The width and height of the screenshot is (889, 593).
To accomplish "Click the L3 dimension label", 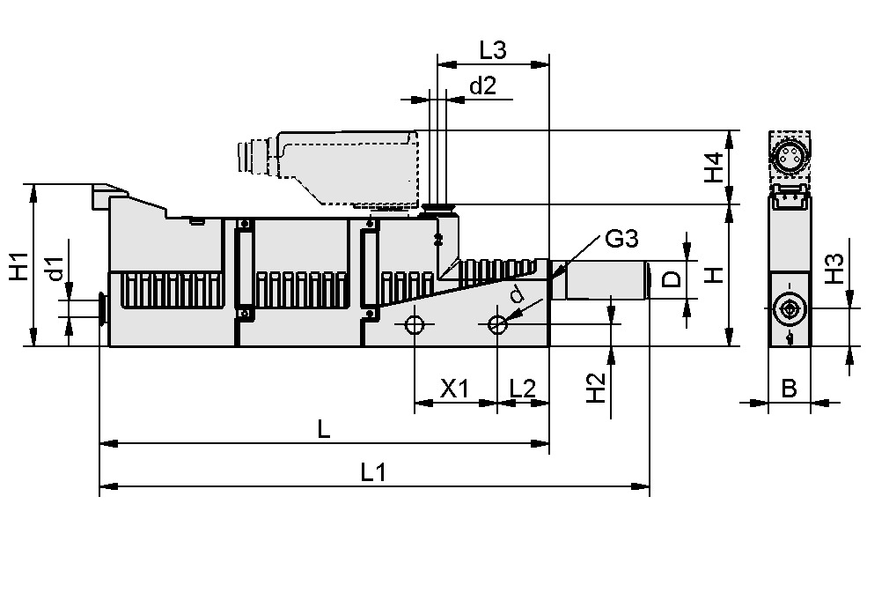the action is click(492, 51).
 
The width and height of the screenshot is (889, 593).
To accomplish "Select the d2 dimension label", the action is click(481, 86).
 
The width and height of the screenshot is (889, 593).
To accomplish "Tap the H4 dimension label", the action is click(715, 167).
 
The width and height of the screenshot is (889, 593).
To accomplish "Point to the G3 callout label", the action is click(621, 239).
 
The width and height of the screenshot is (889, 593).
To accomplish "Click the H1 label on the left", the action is click(19, 265).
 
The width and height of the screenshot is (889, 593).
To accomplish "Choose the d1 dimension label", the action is click(55, 271).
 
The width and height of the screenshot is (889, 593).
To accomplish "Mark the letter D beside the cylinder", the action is click(672, 280).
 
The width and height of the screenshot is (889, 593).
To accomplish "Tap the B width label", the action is click(789, 388).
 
